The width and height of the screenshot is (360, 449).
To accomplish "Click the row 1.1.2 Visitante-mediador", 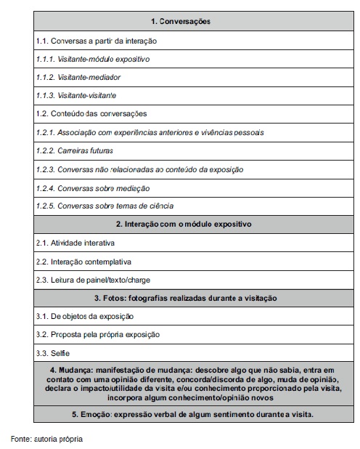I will pyautogui.click(x=79, y=77).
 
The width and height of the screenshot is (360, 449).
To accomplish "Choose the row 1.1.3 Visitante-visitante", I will pyautogui.click(x=76, y=95).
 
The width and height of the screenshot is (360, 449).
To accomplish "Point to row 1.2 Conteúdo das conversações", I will pyautogui.click(x=96, y=114).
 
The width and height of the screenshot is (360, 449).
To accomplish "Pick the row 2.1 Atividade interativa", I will pyautogui.click(x=75, y=243).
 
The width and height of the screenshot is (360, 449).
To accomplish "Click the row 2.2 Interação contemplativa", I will pyautogui.click(x=83, y=261).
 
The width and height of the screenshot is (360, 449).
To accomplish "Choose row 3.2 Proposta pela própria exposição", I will pyautogui.click(x=97, y=334).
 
